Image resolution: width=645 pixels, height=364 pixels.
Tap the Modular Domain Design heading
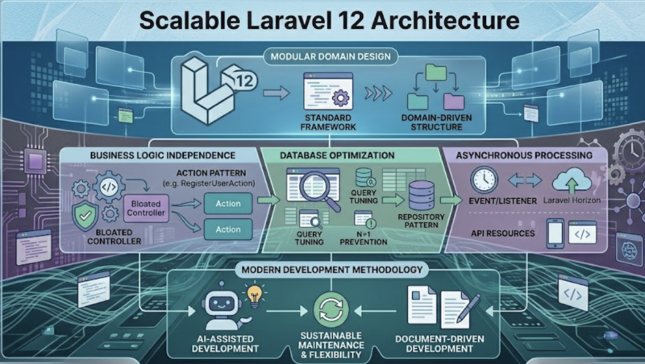tap(331, 56)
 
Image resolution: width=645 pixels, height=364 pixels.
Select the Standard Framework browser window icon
tap(328, 91)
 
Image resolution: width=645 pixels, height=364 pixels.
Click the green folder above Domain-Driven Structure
tap(436, 72)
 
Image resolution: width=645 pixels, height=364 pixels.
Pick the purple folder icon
tap(454, 101)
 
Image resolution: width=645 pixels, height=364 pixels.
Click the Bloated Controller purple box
tap(146, 209)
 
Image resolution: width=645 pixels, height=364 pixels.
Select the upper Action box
tap(228, 204)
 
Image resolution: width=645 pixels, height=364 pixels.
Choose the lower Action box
tap(228, 230)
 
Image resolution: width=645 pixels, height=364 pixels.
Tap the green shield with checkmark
tap(85, 216)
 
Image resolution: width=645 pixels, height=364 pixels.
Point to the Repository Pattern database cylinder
tap(422, 196)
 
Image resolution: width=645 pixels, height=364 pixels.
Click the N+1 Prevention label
tap(364, 238)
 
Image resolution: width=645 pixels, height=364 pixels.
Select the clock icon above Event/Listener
tap(485, 180)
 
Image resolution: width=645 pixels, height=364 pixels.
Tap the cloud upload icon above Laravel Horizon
tap(572, 180)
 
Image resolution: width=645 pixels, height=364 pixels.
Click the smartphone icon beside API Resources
tap(555, 234)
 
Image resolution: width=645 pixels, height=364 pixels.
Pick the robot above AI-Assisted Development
tap(223, 306)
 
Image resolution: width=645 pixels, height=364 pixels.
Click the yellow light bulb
tap(255, 296)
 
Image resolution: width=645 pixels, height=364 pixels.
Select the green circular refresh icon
tap(331, 310)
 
